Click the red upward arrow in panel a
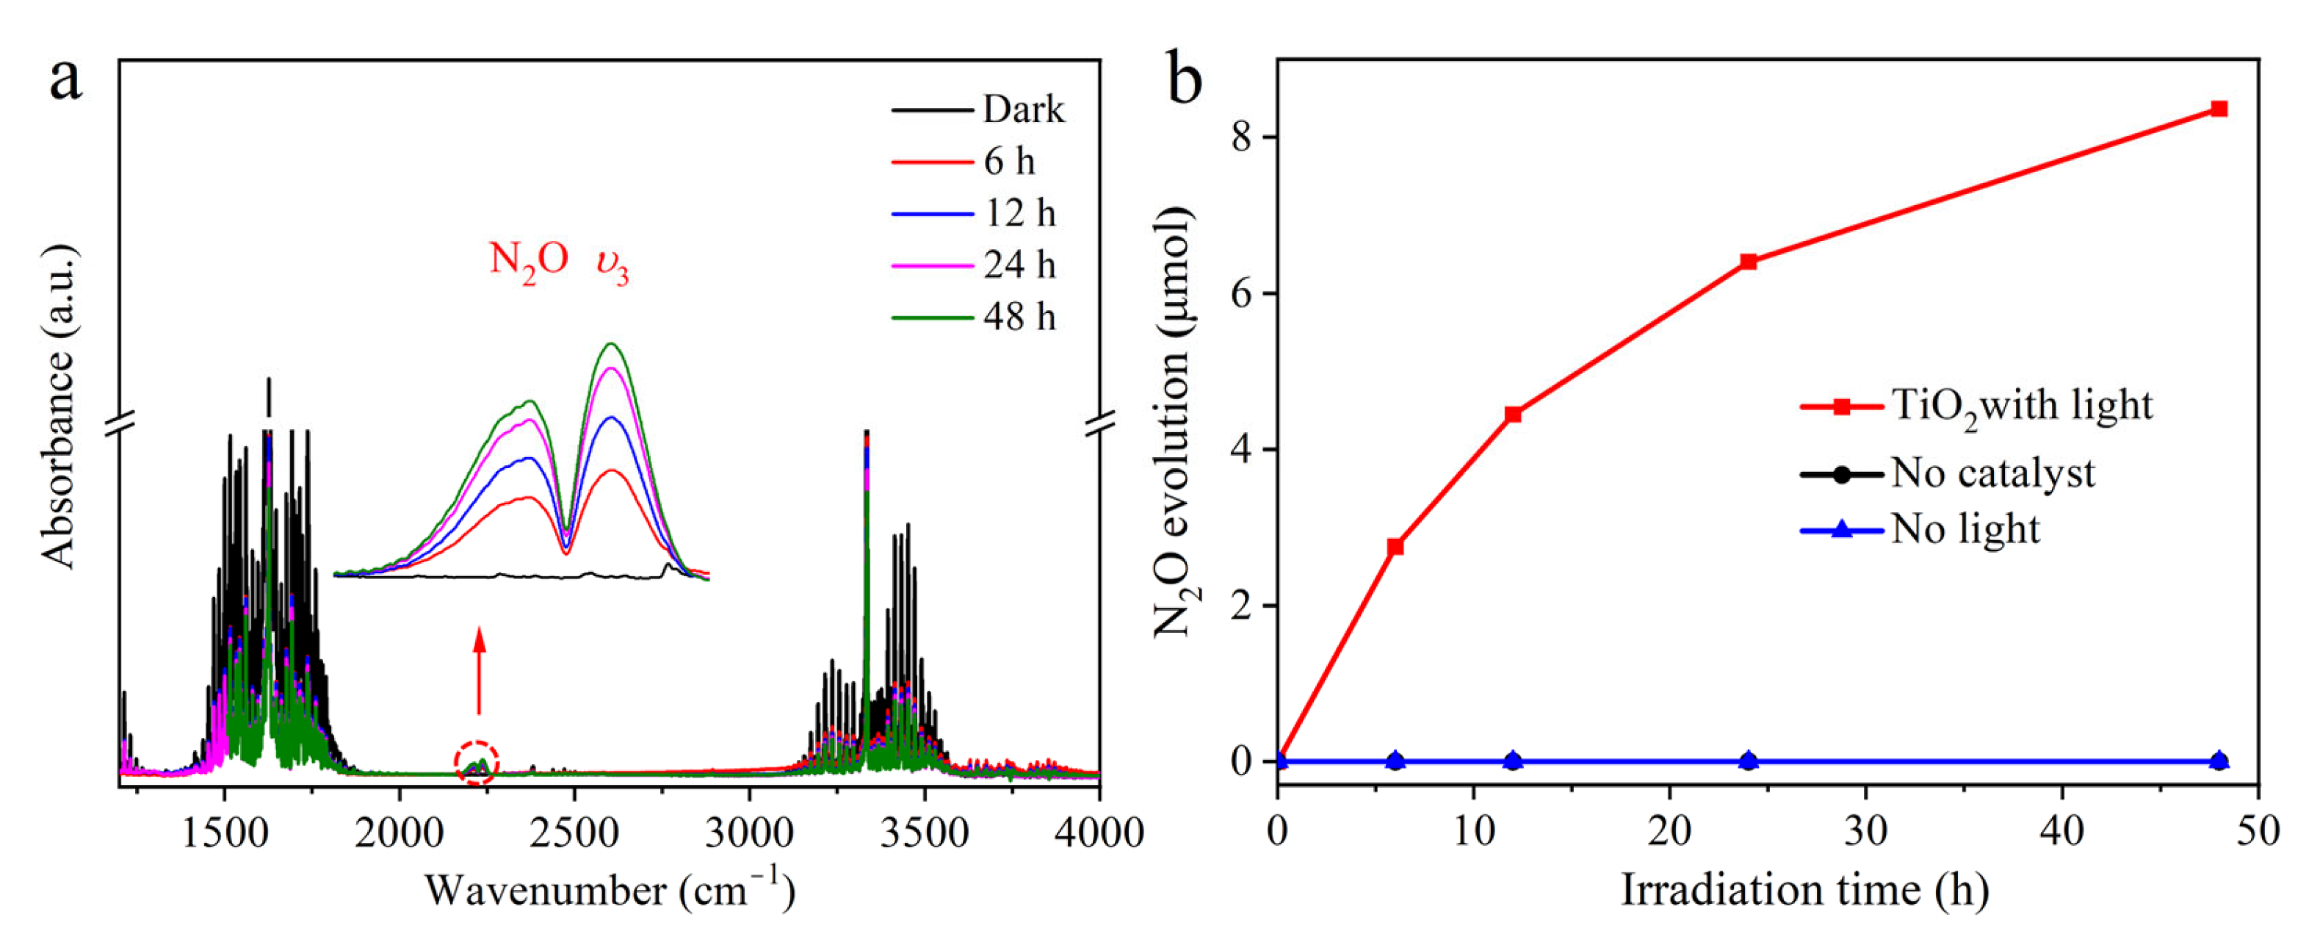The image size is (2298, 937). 479,669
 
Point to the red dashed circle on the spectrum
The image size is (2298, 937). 477,764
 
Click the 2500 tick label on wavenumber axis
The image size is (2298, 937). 574,833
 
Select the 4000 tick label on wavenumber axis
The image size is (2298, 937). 1098,833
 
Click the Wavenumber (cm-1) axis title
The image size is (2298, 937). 610,890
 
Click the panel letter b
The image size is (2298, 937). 1184,80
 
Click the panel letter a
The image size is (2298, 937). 65,80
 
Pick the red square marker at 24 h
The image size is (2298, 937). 1749,262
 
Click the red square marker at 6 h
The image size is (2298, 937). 1395,546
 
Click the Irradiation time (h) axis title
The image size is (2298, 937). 1804,890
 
